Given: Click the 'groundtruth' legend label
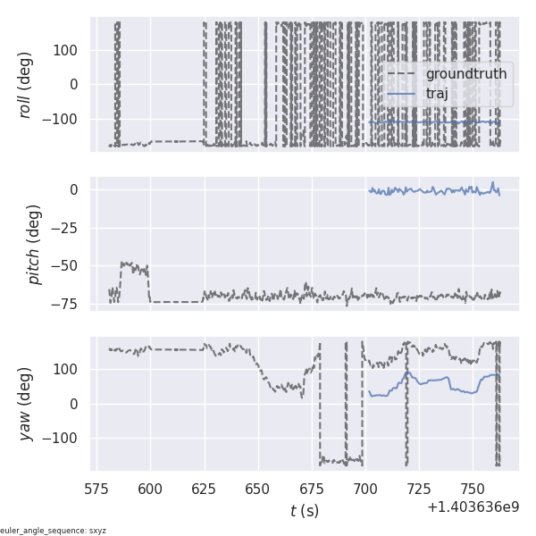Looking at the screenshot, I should (x=465, y=73).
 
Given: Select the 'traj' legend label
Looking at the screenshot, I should (x=437, y=93).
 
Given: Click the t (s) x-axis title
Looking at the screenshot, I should (x=304, y=511).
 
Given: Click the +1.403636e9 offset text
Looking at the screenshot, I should (x=473, y=507).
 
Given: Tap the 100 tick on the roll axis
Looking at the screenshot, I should (x=70, y=50).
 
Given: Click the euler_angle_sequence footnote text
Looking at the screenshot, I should (x=54, y=531).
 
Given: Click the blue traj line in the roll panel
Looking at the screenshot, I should (x=429, y=122).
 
